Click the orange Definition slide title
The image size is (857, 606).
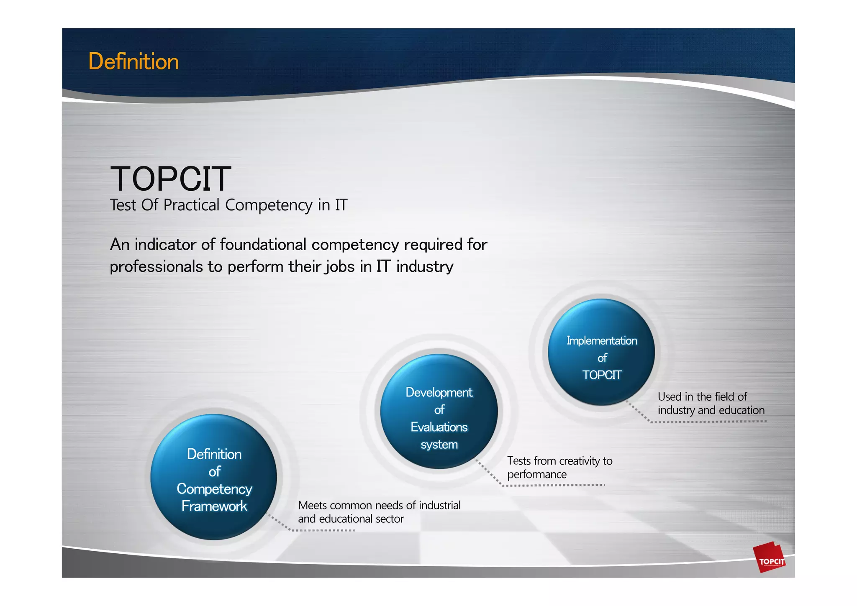pyautogui.click(x=133, y=61)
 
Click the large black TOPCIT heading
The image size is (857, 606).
pyautogui.click(x=170, y=179)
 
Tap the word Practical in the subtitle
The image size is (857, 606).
pyautogui.click(x=191, y=205)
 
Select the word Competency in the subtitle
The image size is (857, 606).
pyautogui.click(x=269, y=205)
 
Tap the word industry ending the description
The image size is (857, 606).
pyautogui.click(x=425, y=267)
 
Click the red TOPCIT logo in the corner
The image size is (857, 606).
pyautogui.click(x=770, y=558)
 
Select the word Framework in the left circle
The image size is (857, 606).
pyautogui.click(x=214, y=506)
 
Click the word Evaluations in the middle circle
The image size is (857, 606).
pyautogui.click(x=439, y=427)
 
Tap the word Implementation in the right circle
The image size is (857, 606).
pyautogui.click(x=602, y=341)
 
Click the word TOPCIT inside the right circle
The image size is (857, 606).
pyautogui.click(x=602, y=375)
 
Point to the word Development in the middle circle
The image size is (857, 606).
pyautogui.click(x=439, y=393)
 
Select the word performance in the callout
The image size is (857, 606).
pyautogui.click(x=537, y=475)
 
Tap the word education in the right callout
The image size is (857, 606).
pyautogui.click(x=741, y=410)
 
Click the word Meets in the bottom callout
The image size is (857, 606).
pyautogui.click(x=312, y=506)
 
